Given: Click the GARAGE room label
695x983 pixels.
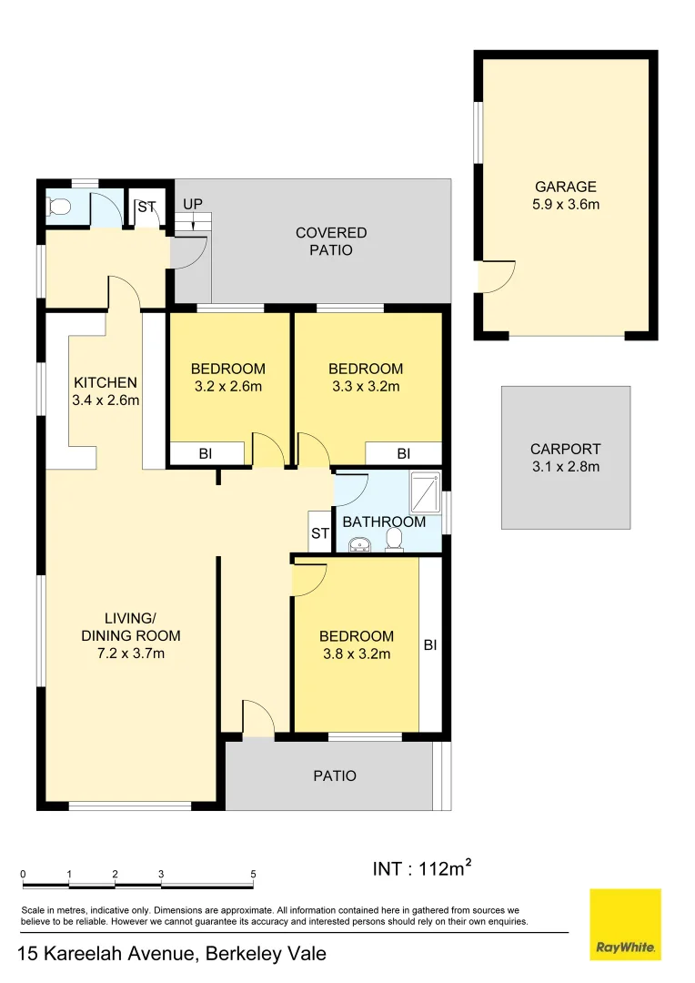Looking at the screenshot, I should (565, 187).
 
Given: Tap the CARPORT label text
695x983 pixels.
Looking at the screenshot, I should (565, 449).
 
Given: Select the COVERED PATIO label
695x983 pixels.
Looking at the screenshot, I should (331, 241).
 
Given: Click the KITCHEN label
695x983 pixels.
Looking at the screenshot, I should (106, 382).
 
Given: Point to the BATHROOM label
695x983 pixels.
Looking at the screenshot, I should (383, 522).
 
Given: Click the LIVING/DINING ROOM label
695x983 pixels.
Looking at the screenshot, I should (131, 627).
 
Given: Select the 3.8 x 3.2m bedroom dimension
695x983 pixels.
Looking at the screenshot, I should (356, 654).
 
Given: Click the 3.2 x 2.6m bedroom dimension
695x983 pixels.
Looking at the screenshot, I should (227, 386).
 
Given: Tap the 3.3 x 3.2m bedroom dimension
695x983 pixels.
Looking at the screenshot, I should (365, 386).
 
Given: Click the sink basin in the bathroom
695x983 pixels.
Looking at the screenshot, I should (360, 544).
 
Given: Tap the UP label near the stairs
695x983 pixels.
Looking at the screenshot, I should (192, 204).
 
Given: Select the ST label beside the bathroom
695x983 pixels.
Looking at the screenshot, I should (319, 533).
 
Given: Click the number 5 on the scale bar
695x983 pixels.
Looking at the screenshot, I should (253, 874).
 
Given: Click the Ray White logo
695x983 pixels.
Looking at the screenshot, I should (625, 924).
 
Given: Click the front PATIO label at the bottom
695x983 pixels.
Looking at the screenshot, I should (334, 775).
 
